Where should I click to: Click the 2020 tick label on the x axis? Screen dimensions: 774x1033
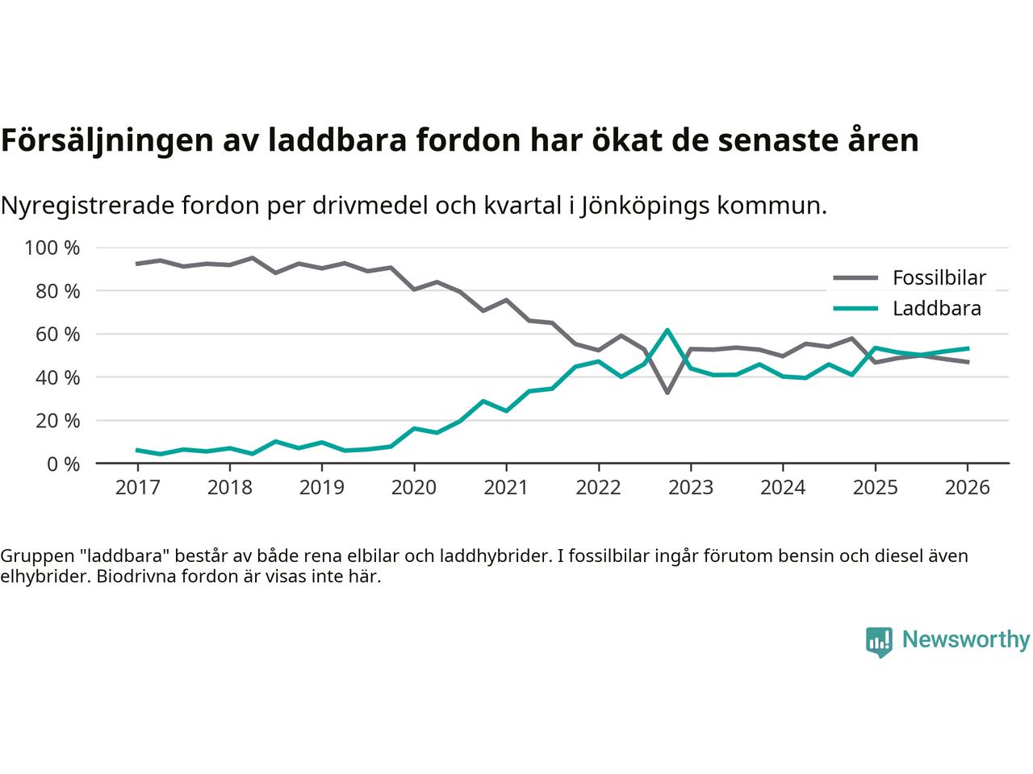pos(414,488)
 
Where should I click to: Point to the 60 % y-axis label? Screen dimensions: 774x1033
pos(52,334)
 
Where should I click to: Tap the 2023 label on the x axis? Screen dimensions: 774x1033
pos(690,488)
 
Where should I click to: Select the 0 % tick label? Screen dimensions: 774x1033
pos(60,464)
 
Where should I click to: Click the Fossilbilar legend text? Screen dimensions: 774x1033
pos(939,278)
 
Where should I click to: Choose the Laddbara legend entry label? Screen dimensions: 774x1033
pos(936,309)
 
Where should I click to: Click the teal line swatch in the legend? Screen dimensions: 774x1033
pos(855,309)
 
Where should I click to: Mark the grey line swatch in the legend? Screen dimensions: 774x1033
pos(855,278)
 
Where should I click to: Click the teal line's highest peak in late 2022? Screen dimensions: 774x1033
pos(667,330)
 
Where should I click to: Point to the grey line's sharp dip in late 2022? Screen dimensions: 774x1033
pos(667,393)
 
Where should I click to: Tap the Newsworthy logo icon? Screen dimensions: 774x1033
pos(879,642)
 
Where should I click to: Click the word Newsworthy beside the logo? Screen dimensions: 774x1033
pos(965,640)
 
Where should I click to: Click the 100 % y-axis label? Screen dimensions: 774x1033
pos(52,248)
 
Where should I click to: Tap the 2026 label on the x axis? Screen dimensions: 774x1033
pos(967,488)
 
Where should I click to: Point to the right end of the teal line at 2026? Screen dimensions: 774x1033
pos(968,348)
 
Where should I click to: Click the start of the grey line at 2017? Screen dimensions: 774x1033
pos(137,264)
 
